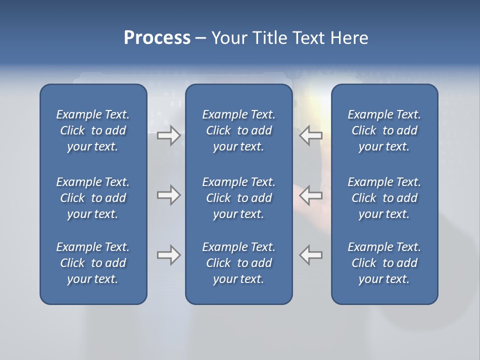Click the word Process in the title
click(157, 38)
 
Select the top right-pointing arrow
click(169, 135)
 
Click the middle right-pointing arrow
click(169, 195)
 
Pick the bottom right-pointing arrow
click(169, 255)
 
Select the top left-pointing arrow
click(311, 135)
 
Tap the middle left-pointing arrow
click(311, 195)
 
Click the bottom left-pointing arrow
click(311, 255)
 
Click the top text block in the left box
click(93, 130)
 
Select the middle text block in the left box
click(93, 198)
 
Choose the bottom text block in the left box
click(93, 263)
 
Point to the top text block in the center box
click(238, 130)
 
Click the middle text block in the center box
click(238, 198)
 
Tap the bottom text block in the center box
click(238, 263)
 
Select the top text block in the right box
click(384, 130)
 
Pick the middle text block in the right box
click(384, 198)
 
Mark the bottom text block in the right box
click(384, 263)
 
